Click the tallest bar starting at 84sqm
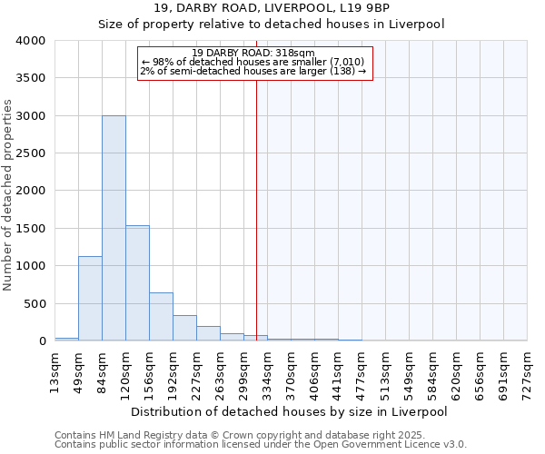114,227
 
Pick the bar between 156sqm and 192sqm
161,317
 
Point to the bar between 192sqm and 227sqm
184,328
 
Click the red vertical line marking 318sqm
256,209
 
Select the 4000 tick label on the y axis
30,41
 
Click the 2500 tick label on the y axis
30,153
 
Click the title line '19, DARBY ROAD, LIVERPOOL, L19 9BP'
272,9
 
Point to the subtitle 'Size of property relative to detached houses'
272,25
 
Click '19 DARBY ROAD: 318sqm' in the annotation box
253,53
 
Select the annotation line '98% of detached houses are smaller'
253,62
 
